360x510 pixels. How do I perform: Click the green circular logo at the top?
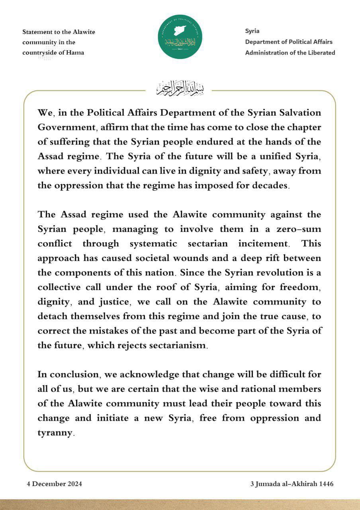(180, 37)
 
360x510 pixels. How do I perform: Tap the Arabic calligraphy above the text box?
(179, 89)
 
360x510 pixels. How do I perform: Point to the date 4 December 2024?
(55, 484)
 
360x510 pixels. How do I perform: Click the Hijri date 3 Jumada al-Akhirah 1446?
(292, 484)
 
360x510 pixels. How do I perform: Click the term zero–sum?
(301, 229)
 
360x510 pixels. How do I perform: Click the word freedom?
(300, 287)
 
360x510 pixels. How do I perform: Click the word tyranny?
(55, 433)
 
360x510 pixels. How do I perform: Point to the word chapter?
(302, 127)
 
